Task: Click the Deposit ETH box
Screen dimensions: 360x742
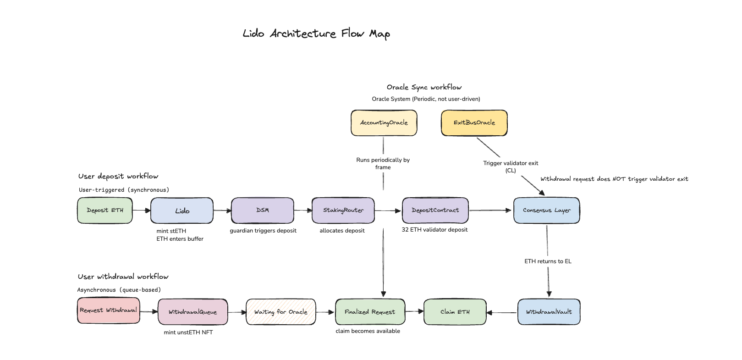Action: [x=105, y=210]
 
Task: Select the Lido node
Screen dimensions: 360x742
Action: [x=182, y=210]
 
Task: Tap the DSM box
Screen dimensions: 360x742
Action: [x=263, y=210]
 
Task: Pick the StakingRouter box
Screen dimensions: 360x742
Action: [x=343, y=210]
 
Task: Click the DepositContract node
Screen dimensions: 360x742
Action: [x=435, y=210]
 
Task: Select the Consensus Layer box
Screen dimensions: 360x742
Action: [x=547, y=210]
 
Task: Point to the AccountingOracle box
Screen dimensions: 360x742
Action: [x=384, y=123]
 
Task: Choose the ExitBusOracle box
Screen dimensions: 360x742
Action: [x=474, y=123]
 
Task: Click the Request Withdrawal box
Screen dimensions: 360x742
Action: [x=109, y=310]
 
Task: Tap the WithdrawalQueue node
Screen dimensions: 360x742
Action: [x=193, y=312]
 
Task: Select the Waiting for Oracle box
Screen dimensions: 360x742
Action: [x=281, y=312]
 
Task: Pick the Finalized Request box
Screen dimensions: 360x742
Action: [x=370, y=312]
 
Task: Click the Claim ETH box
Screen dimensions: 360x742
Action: [x=455, y=312]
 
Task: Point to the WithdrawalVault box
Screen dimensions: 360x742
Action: [x=549, y=312]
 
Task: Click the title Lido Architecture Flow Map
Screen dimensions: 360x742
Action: [x=316, y=33]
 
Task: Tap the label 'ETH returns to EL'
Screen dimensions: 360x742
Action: [x=548, y=261]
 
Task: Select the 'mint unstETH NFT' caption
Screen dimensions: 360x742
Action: [x=188, y=332]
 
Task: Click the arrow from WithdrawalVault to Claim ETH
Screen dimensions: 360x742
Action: [x=502, y=313]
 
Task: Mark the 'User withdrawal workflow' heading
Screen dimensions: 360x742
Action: [x=123, y=277]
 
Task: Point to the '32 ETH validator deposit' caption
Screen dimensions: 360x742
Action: [x=434, y=230]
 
